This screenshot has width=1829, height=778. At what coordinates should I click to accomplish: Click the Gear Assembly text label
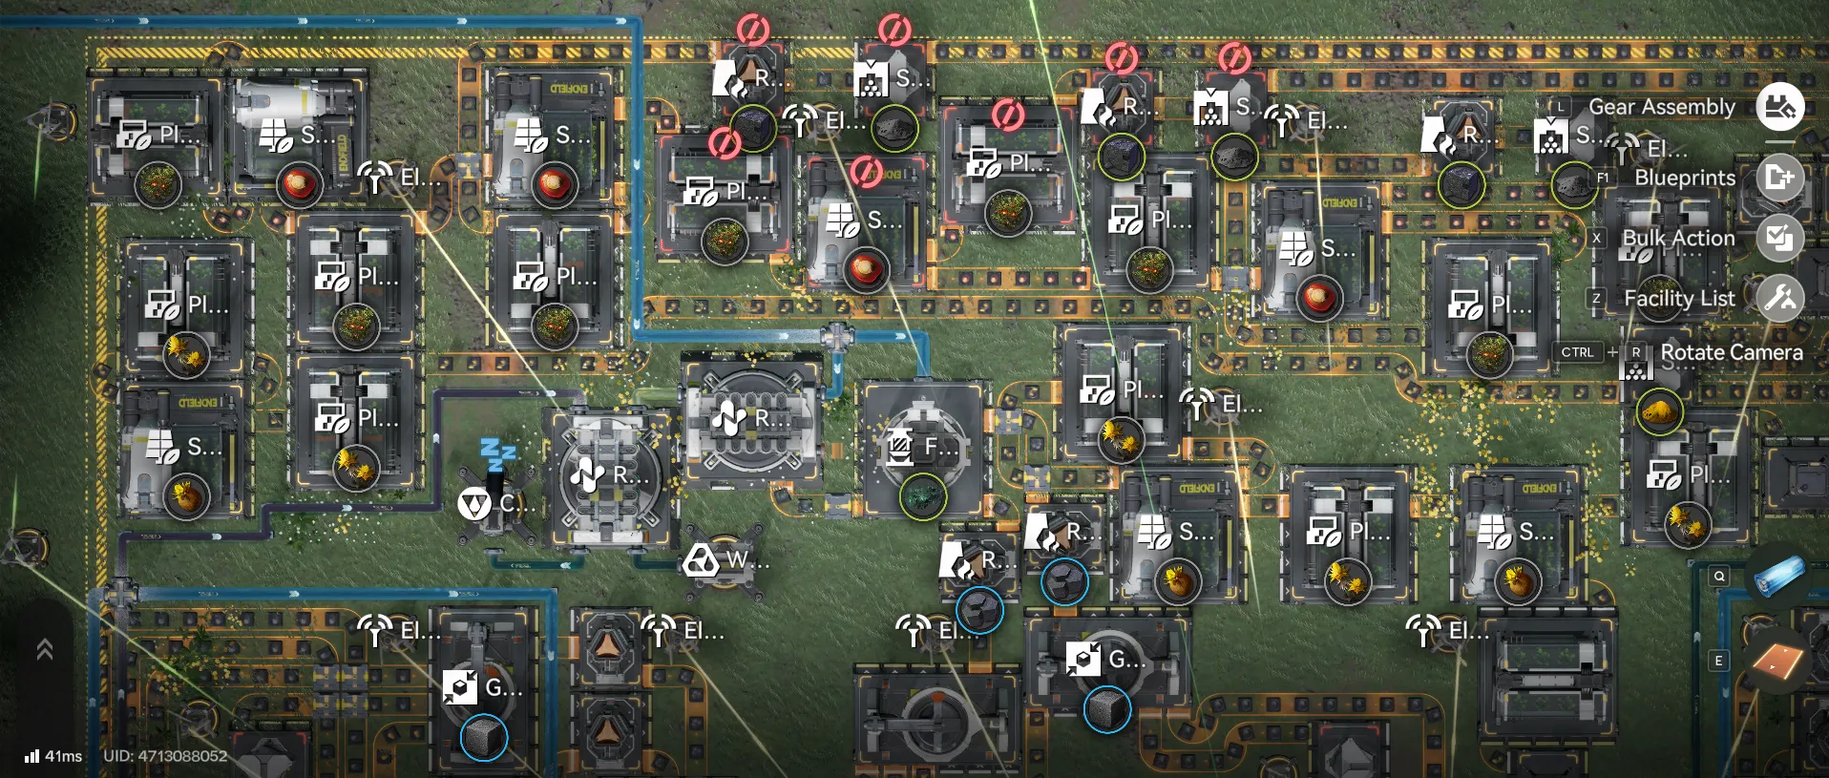(1661, 107)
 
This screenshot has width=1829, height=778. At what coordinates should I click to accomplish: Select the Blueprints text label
(1684, 178)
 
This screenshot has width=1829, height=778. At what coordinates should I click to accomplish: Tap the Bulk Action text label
(1678, 238)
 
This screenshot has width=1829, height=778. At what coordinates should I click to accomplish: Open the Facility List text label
(1679, 299)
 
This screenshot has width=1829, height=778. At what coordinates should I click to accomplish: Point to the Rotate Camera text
(1731, 352)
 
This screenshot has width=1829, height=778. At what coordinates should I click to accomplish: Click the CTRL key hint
(1577, 352)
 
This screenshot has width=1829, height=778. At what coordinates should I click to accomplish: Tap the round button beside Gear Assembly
(1780, 107)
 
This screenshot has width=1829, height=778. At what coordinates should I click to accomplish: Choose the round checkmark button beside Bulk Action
(1780, 238)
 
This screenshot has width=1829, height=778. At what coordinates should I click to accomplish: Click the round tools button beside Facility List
(1780, 299)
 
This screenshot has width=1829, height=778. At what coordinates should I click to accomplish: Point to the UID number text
(165, 756)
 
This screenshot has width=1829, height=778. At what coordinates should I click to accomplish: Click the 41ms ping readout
(54, 756)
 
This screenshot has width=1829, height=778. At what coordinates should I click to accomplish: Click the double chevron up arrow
(44, 650)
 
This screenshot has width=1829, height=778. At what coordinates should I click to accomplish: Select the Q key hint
(1719, 576)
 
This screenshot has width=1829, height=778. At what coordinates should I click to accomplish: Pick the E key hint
(1719, 661)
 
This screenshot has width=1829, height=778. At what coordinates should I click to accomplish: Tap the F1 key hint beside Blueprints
(1603, 178)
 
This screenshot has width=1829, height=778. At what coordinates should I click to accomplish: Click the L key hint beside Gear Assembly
(1560, 107)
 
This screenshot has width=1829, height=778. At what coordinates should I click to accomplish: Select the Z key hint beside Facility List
(1596, 299)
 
